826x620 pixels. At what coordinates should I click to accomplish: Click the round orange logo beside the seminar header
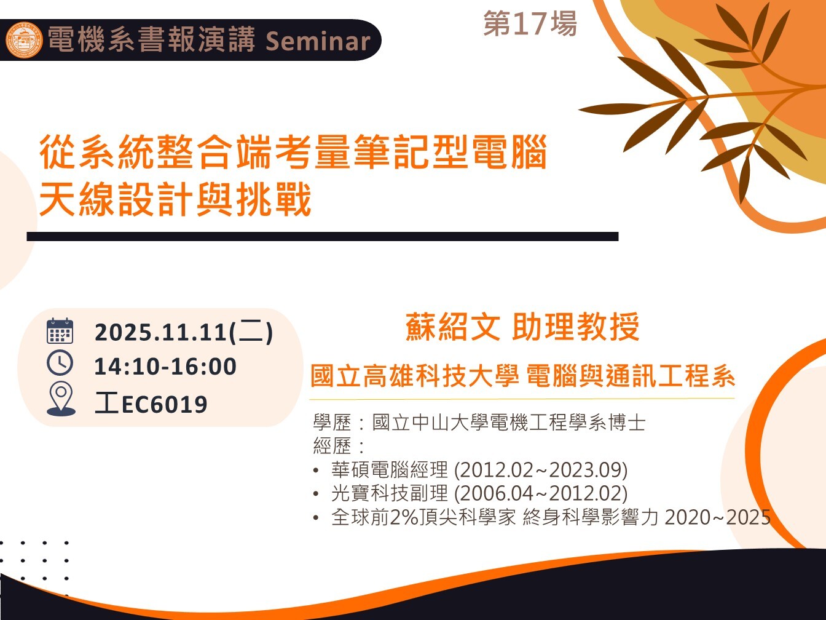pyautogui.click(x=24, y=40)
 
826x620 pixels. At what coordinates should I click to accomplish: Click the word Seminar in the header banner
pyautogui.click(x=318, y=41)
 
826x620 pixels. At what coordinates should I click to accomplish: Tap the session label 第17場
pyautogui.click(x=530, y=23)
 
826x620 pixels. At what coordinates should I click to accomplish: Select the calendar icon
pyautogui.click(x=60, y=331)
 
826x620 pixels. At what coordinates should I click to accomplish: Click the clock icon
pyautogui.click(x=60, y=363)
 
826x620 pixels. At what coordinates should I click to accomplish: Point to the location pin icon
pyautogui.click(x=61, y=399)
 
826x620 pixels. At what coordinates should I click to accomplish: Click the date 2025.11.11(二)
pyautogui.click(x=184, y=332)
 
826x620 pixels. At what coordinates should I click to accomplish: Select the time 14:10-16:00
pyautogui.click(x=165, y=366)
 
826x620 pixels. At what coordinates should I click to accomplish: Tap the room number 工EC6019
pyautogui.click(x=151, y=404)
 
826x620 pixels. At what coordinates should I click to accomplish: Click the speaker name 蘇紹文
pyautogui.click(x=453, y=327)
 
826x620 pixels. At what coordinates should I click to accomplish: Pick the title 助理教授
pyautogui.click(x=576, y=327)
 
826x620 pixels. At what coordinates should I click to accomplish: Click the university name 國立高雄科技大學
pyautogui.click(x=415, y=376)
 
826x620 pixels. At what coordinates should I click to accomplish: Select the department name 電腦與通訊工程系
pyautogui.click(x=631, y=376)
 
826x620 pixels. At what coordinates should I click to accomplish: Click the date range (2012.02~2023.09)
pyautogui.click(x=541, y=469)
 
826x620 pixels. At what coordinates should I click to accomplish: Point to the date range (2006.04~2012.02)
pyautogui.click(x=541, y=493)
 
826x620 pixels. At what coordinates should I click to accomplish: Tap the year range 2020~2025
pyautogui.click(x=718, y=517)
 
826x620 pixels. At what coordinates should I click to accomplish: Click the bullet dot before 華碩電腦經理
pyautogui.click(x=316, y=470)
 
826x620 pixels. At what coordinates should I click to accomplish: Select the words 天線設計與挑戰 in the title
pyautogui.click(x=175, y=199)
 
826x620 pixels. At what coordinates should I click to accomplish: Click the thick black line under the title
pyautogui.click(x=323, y=236)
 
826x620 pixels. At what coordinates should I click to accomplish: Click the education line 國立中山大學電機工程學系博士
pyautogui.click(x=509, y=423)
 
